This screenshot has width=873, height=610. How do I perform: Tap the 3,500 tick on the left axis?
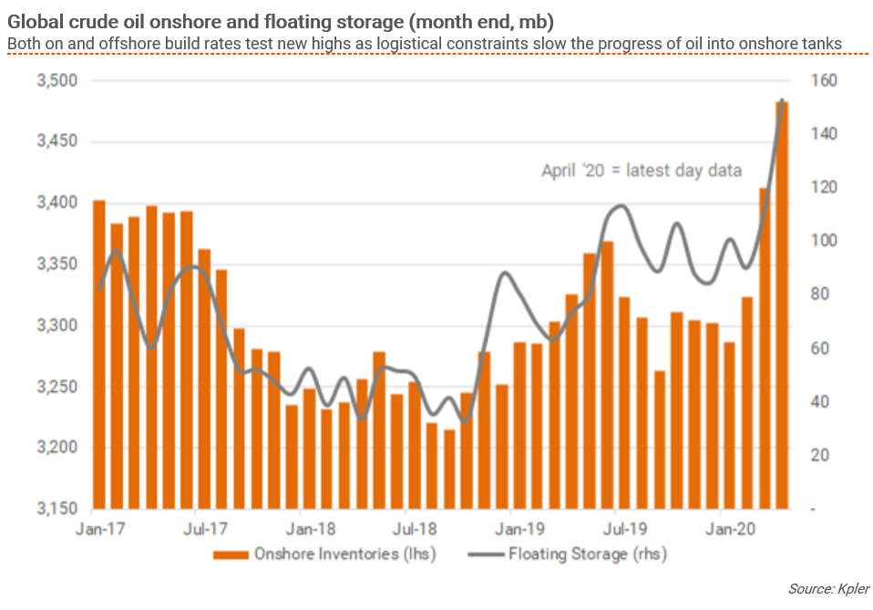point(56,81)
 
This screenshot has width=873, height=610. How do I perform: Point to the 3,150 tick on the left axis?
point(56,509)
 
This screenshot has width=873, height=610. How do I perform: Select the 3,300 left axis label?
point(56,326)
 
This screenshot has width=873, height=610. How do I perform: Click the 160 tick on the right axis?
point(825,81)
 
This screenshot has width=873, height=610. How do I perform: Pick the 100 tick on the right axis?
point(825,242)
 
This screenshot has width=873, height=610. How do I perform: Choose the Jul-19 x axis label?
point(625,528)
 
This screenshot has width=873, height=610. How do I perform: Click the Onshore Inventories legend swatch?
point(231,553)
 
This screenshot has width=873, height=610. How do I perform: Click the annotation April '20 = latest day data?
point(642,170)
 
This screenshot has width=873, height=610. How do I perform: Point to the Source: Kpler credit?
point(828,589)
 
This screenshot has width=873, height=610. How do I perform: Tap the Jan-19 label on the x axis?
point(520,528)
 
